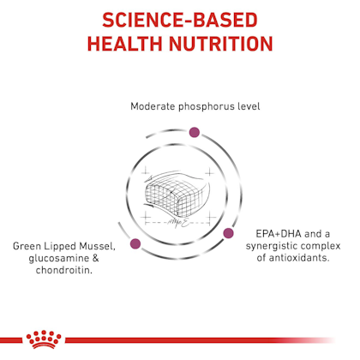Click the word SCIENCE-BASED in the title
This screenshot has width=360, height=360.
pyautogui.click(x=180, y=20)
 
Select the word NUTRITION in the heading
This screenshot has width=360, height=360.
pyautogui.click(x=221, y=44)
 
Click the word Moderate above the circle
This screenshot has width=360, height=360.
pyautogui.click(x=153, y=106)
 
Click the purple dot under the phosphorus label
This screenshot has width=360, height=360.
pyautogui.click(x=195, y=132)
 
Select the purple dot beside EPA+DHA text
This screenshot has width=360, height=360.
pyautogui.click(x=228, y=233)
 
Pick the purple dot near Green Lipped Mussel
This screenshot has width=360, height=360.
pyautogui.click(x=135, y=243)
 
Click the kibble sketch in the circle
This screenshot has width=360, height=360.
pyautogui.click(x=176, y=195)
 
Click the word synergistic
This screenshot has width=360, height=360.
pyautogui.click(x=272, y=247)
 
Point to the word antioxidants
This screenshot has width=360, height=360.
pyautogui.click(x=298, y=258)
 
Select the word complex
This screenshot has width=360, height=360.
pyautogui.click(x=321, y=247)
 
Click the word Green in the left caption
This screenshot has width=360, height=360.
pyautogui.click(x=26, y=246)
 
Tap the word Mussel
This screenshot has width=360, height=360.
pyautogui.click(x=98, y=247)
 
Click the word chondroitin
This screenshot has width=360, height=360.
pyautogui.click(x=64, y=270)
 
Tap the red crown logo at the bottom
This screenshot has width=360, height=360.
pyautogui.click(x=44, y=339)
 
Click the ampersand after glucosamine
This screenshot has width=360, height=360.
pyautogui.click(x=95, y=258)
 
